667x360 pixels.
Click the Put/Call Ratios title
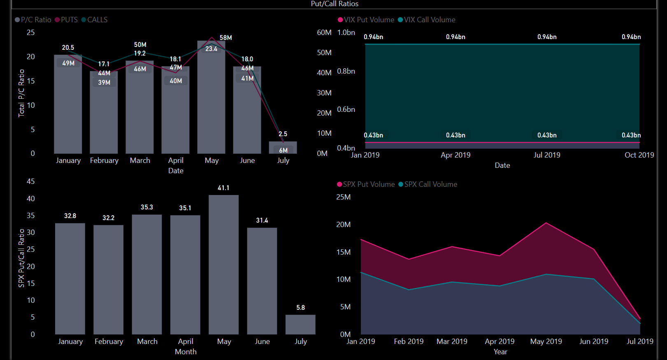[334, 4]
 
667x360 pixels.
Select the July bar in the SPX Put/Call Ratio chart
[300, 325]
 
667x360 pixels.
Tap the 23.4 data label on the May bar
[211, 49]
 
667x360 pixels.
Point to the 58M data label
[225, 38]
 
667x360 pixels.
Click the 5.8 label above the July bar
[300, 308]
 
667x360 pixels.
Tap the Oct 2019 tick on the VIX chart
[639, 155]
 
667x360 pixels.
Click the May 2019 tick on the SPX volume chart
[546, 341]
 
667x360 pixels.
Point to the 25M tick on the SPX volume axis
[344, 197]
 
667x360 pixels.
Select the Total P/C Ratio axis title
[21, 93]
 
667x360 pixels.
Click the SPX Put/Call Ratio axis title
[21, 258]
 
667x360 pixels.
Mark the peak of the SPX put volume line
[546, 223]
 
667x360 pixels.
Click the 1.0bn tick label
[346, 33]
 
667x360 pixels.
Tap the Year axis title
[500, 352]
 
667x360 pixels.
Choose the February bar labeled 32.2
[108, 279]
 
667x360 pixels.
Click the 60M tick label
[324, 33]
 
